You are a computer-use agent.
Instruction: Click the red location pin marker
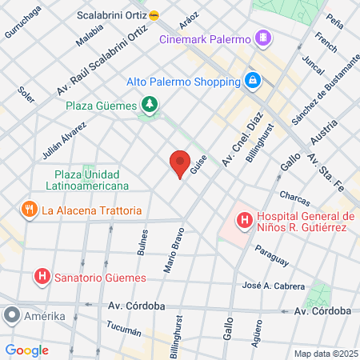[x=180, y=162]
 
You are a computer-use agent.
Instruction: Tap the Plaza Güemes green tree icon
[x=148, y=104]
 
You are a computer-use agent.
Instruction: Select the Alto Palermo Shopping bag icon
[x=252, y=81]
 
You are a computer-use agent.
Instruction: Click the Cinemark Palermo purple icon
[x=262, y=38]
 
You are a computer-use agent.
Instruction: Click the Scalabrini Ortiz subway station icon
[x=154, y=14]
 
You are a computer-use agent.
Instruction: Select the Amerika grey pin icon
[x=10, y=316]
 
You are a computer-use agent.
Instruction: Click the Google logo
[x=27, y=350]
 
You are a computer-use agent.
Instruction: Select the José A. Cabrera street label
[x=274, y=286]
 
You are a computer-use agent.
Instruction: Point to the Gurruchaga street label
[x=24, y=22]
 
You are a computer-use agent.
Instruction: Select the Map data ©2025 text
[x=326, y=354]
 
